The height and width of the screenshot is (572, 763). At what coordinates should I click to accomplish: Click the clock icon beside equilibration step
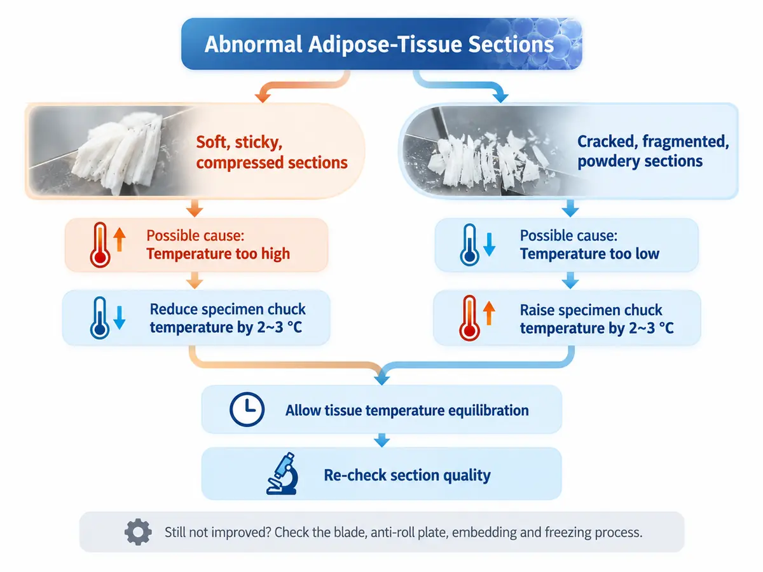click(x=247, y=409)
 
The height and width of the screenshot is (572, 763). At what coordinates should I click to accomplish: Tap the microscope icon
click(x=282, y=473)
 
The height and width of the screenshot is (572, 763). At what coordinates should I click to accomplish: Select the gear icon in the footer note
click(x=138, y=532)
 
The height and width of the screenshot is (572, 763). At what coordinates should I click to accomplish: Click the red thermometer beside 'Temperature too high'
click(x=100, y=245)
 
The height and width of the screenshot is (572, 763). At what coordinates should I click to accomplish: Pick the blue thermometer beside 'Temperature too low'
click(x=470, y=245)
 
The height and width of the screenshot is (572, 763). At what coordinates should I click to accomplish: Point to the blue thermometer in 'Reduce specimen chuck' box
click(x=100, y=318)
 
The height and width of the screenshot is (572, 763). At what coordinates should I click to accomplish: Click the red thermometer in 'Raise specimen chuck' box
click(x=469, y=318)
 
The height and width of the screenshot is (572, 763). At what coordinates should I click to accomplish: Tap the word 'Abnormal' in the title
click(x=254, y=44)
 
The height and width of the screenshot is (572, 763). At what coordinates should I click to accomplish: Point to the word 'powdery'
click(x=605, y=161)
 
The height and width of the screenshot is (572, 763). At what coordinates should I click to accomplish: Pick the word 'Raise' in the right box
click(x=537, y=310)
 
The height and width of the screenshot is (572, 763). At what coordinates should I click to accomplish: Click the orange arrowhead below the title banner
click(x=263, y=97)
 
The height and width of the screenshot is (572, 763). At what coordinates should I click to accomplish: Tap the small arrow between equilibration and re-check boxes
click(x=381, y=440)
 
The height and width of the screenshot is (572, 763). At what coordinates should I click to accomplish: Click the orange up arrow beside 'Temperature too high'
click(x=120, y=240)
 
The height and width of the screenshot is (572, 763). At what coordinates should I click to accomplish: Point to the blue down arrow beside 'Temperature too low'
click(x=489, y=245)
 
